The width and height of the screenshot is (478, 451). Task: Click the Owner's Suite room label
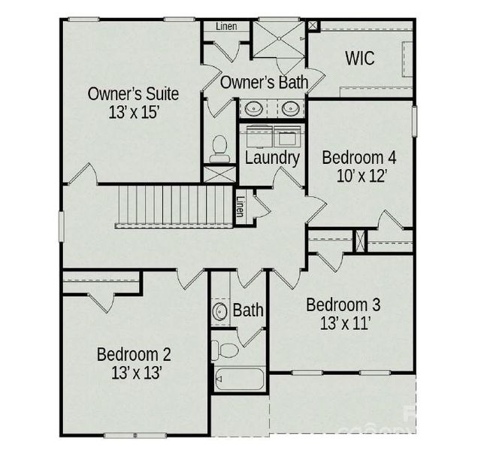point(133,94)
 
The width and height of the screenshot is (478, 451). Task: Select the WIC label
point(360,59)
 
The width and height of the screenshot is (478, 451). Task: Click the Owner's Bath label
point(264,82)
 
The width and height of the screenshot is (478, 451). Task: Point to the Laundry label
point(272,158)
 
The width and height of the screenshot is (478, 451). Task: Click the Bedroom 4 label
point(358,158)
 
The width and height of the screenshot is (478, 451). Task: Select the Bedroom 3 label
point(343,305)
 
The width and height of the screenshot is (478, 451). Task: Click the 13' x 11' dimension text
point(343,324)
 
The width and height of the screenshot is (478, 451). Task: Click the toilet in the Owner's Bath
point(220,149)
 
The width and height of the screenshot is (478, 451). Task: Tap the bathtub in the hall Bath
point(238,377)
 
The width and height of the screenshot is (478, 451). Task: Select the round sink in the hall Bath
point(221,312)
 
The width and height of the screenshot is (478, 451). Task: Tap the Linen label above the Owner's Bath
point(226,26)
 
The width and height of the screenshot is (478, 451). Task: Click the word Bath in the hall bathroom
point(248,310)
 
